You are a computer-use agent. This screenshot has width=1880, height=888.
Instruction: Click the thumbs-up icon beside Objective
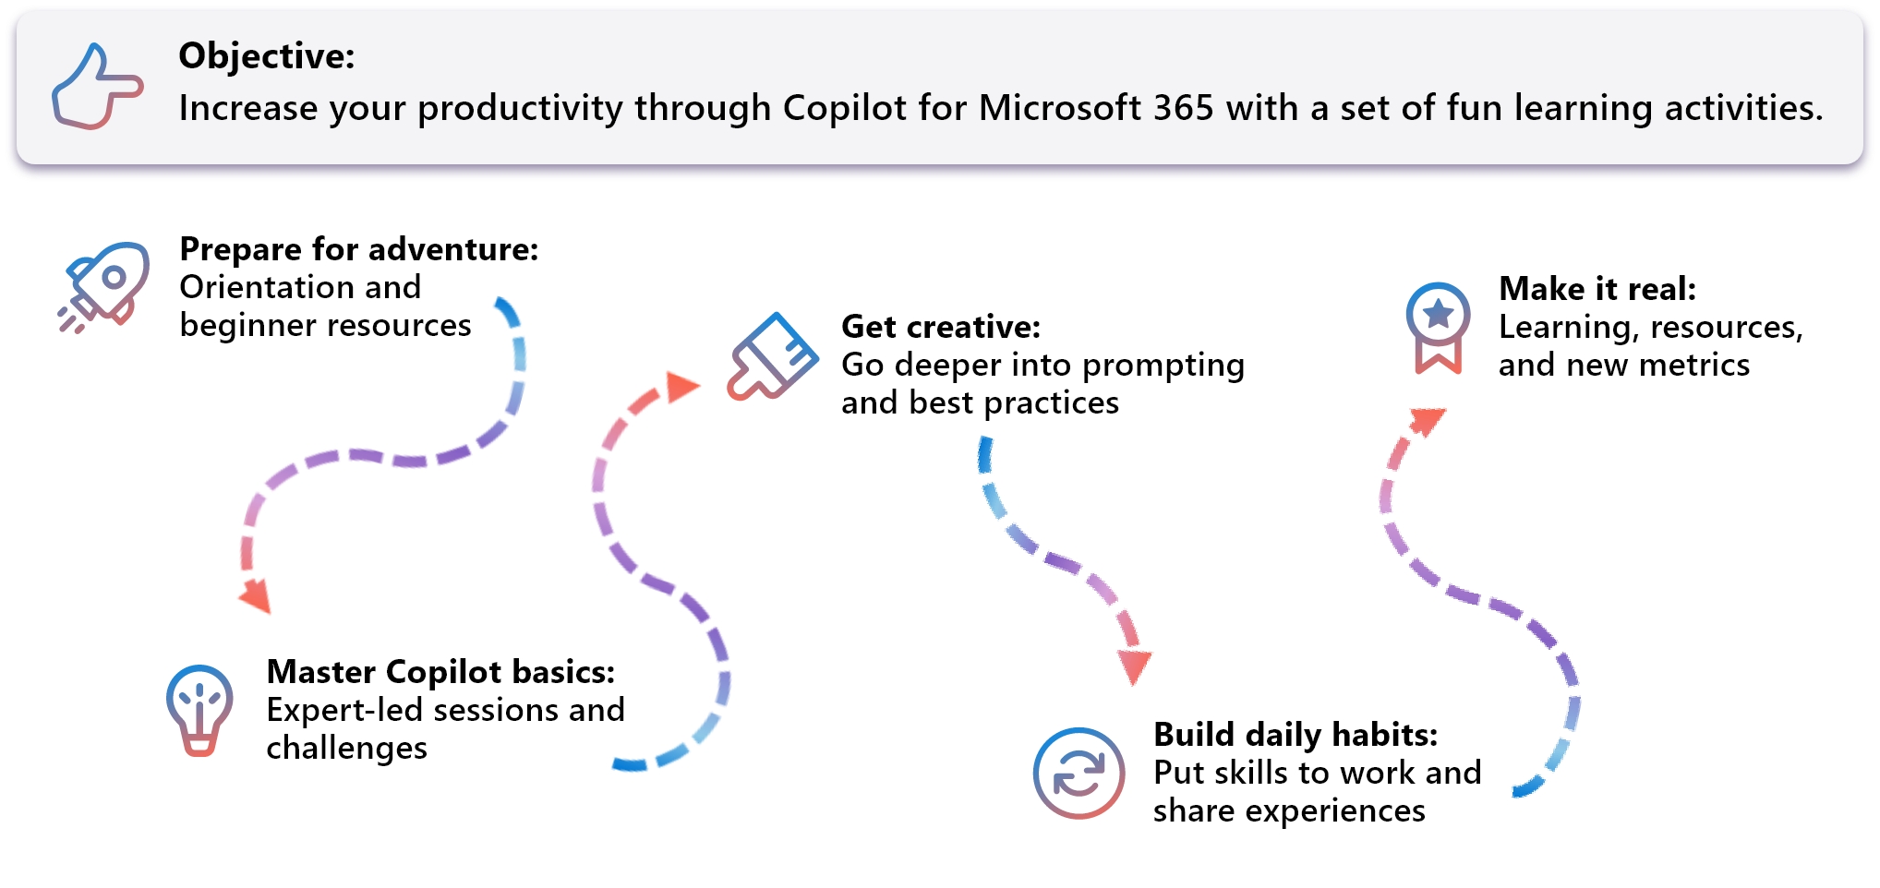coord(95,88)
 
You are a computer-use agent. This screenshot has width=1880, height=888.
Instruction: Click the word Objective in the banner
coord(265,56)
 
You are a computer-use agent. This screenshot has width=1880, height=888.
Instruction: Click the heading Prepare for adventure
coord(358,249)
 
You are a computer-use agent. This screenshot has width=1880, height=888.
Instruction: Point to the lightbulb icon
coord(199,710)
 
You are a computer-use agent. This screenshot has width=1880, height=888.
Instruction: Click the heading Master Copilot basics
coord(440,672)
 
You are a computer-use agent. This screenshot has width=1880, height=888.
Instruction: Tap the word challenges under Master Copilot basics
coord(346,748)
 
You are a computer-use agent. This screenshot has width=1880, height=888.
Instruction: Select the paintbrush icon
coord(772,357)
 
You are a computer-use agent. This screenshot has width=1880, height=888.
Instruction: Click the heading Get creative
coord(940,327)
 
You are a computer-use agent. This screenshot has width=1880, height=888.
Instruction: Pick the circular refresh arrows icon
coord(1079,774)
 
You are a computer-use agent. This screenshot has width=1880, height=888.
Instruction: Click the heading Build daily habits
coord(1295,735)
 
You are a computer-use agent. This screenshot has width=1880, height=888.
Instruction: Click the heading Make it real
coord(1597,289)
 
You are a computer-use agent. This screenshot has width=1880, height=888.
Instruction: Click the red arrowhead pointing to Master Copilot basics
coord(256,595)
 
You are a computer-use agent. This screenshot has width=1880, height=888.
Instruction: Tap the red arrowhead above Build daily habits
coord(1134,666)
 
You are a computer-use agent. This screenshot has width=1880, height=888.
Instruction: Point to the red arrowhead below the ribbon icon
coord(1428,421)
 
